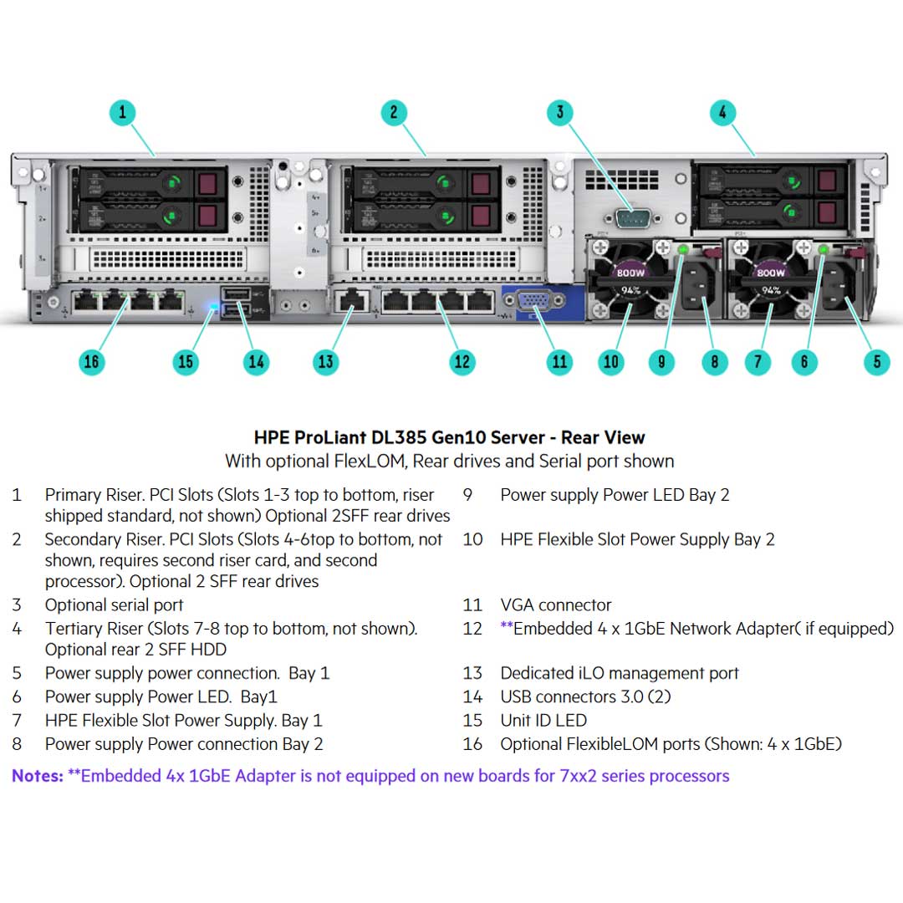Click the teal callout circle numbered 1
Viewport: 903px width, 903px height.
click(x=122, y=113)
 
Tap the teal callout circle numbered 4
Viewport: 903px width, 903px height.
click(x=722, y=113)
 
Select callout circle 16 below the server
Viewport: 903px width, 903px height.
click(x=91, y=362)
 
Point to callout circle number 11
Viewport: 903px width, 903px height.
click(x=559, y=362)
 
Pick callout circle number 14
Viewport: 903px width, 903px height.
click(x=256, y=362)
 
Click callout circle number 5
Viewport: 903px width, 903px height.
click(x=877, y=362)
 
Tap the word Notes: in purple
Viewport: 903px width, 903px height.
click(x=38, y=776)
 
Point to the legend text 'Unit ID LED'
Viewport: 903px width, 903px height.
click(x=543, y=720)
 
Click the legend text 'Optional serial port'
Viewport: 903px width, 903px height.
click(x=114, y=605)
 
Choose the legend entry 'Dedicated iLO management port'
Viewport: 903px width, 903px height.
click(x=619, y=673)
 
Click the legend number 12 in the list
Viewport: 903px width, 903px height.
click(x=472, y=629)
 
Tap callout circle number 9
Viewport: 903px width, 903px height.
click(x=661, y=362)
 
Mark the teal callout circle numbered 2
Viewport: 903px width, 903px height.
click(x=394, y=113)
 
